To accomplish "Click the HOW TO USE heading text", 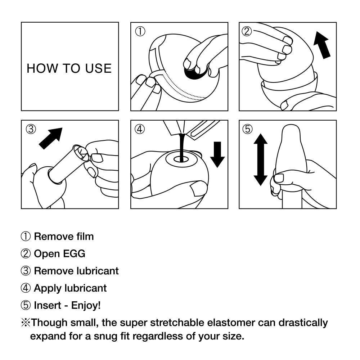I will [69, 68].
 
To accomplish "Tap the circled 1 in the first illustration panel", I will [140, 31].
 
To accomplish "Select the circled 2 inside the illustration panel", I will [247, 31].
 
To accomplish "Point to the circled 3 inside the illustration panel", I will [31, 129].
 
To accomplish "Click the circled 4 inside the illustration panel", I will [140, 129].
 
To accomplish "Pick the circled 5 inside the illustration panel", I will [247, 129].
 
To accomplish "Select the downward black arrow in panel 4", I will [217, 154].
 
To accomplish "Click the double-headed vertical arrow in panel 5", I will [260, 159].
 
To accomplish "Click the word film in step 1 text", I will [85, 237].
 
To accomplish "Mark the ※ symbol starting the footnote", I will [26, 322].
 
